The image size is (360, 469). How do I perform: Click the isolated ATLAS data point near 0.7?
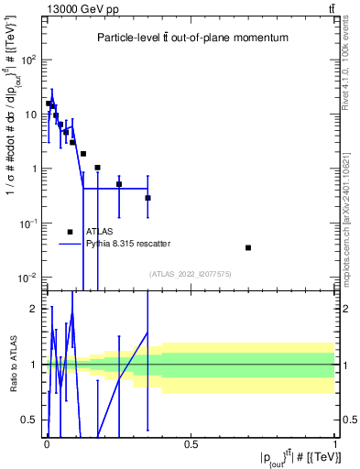[248, 247]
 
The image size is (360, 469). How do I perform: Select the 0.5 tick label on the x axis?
[191, 444]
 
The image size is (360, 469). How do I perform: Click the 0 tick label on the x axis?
[47, 444]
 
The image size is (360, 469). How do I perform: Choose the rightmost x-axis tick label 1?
[336, 444]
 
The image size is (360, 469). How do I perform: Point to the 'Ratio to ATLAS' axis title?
[11, 365]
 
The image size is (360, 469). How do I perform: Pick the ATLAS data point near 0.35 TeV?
[147, 198]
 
